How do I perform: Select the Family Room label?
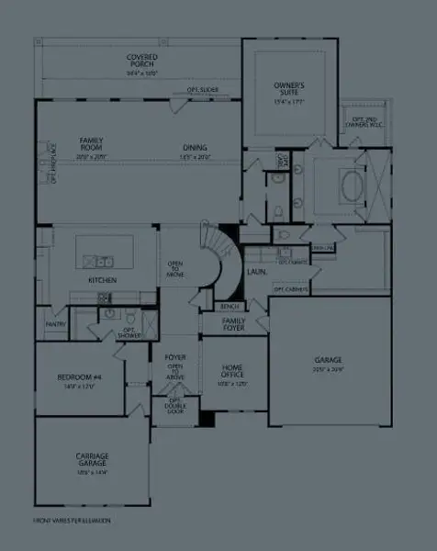click(x=93, y=143)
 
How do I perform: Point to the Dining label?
click(x=194, y=148)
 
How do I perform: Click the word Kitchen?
click(x=102, y=279)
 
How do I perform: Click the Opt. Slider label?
click(x=202, y=90)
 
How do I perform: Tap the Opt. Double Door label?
click(x=174, y=405)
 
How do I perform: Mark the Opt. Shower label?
click(x=129, y=334)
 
